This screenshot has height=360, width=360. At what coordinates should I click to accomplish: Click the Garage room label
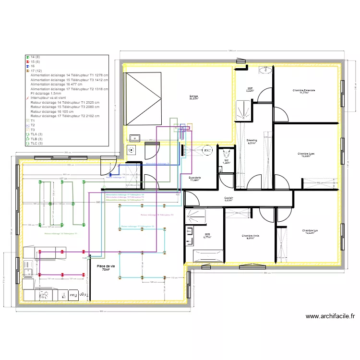tap(193, 97)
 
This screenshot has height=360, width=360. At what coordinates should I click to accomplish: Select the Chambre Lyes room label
tap(306, 155)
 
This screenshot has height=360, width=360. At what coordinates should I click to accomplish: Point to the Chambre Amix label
tap(250, 237)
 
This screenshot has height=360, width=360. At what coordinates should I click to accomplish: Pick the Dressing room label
tap(252, 142)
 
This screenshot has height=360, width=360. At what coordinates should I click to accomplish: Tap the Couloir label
tap(228, 199)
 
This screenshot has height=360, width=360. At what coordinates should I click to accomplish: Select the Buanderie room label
tap(194, 179)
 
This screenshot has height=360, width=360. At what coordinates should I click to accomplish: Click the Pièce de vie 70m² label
tap(106, 268)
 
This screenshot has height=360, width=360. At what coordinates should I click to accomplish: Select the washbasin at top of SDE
tap(264, 71)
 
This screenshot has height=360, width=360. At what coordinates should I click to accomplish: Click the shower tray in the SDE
tap(243, 109)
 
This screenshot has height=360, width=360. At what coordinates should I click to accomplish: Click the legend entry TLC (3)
tap(36, 143)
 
